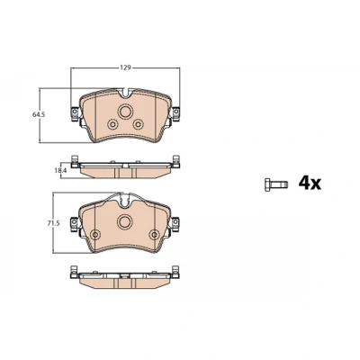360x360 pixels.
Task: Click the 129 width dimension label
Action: tap(125, 67)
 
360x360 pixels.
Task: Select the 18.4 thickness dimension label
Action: tap(60, 170)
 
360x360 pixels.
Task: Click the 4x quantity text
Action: tap(310, 183)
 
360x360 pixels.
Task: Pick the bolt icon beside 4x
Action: tap(276, 184)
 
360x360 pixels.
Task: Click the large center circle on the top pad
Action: tap(125, 112)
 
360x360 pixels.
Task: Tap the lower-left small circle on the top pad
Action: tap(112, 124)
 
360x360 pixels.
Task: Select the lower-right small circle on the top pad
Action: tap(138, 124)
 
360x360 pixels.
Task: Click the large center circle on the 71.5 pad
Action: tap(125, 221)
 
